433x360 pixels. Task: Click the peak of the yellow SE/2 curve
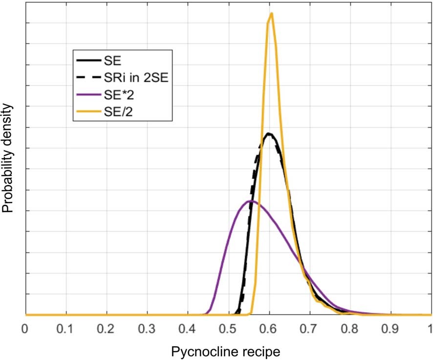[x=271, y=13]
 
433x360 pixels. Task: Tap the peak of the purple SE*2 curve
[x=251, y=201]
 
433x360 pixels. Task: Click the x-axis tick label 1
[x=430, y=327]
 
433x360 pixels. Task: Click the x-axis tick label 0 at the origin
[x=25, y=327]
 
